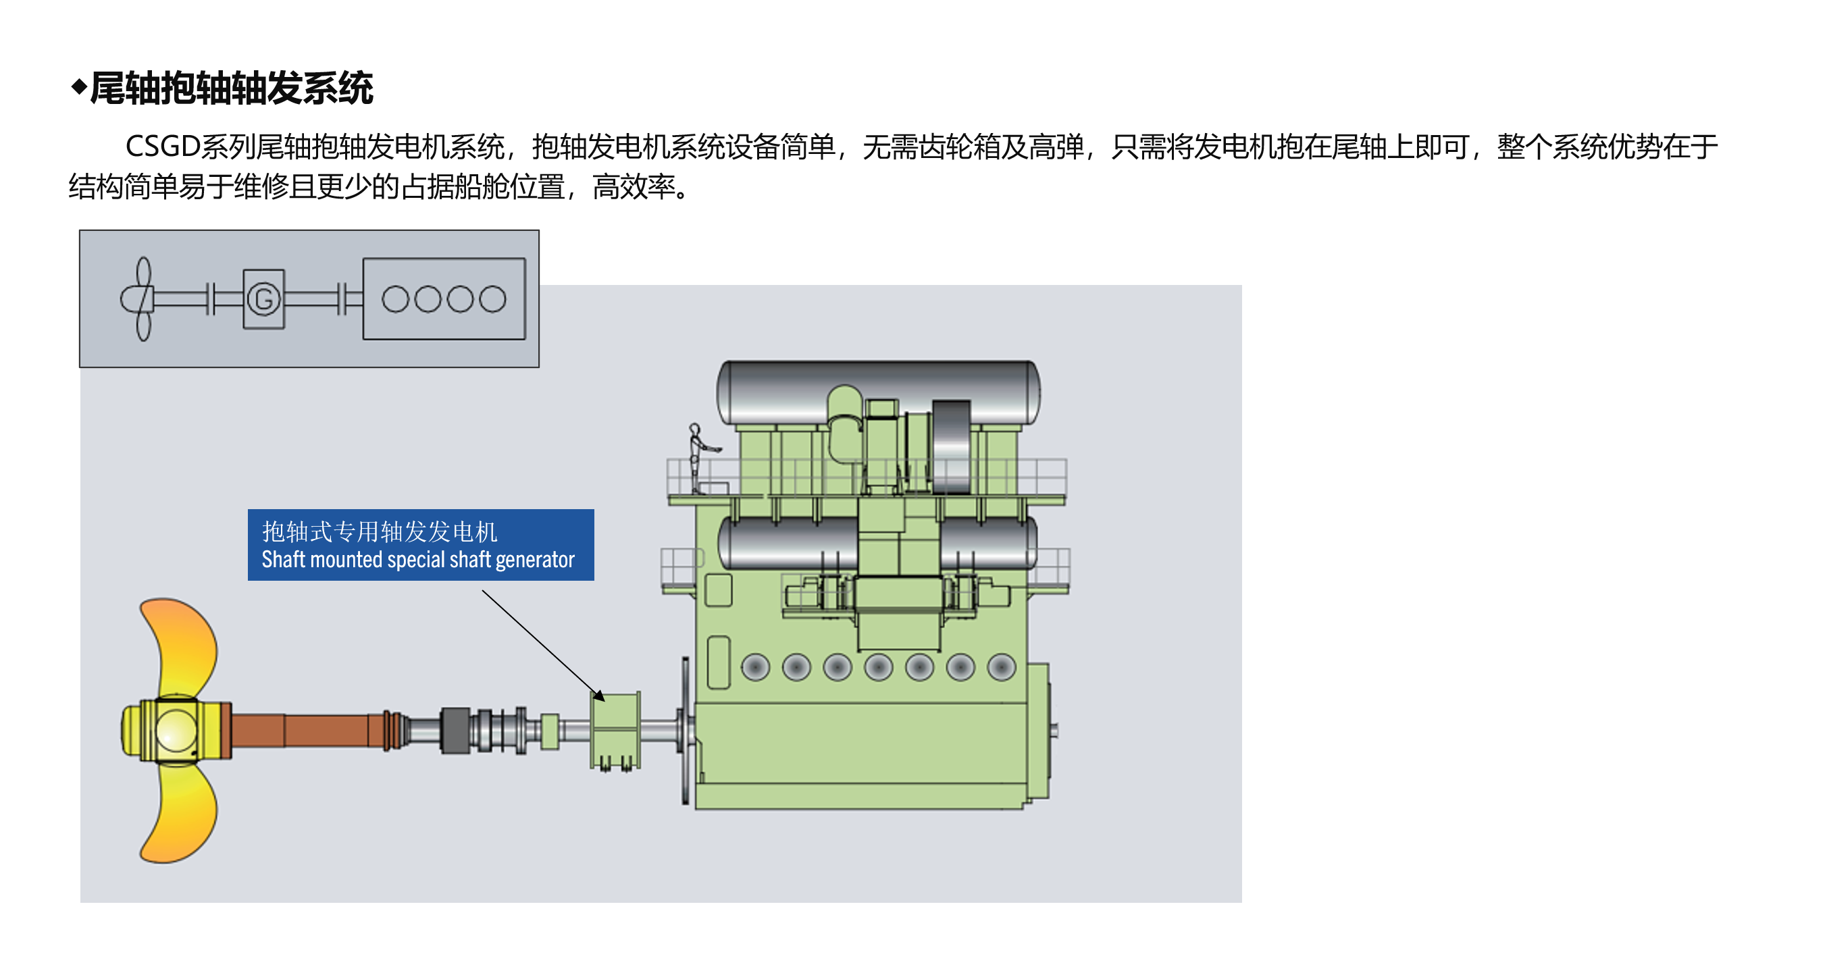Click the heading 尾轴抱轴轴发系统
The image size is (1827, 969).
(230, 88)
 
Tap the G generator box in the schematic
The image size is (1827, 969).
(264, 298)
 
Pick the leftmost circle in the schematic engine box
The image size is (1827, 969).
(395, 299)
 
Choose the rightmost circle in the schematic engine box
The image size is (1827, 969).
(492, 299)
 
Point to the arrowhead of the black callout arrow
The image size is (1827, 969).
(600, 696)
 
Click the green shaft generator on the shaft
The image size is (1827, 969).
(615, 729)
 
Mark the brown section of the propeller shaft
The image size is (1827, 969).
(305, 730)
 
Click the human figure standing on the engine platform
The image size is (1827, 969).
(696, 458)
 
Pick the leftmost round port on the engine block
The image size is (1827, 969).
(755, 668)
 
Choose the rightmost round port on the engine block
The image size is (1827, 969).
(1002, 668)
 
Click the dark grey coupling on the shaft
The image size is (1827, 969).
(455, 730)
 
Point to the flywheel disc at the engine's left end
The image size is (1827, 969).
(685, 730)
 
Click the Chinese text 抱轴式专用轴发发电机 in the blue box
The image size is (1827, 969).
(380, 531)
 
